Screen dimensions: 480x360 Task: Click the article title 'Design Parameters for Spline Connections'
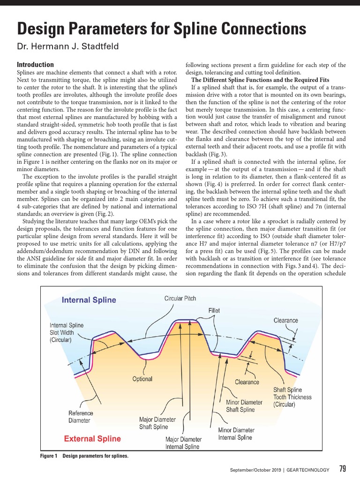[x=162, y=29]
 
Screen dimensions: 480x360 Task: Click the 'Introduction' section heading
[x=35, y=65]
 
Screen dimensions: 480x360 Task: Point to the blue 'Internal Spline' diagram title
[x=89, y=300]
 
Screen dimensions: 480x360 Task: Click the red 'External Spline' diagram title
[x=92, y=439]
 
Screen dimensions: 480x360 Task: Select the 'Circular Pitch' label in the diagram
[x=180, y=299]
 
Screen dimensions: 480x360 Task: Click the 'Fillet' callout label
[x=214, y=310]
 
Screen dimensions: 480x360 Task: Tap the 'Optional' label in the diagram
[x=142, y=379]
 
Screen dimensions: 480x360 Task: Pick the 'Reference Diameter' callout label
[x=81, y=417]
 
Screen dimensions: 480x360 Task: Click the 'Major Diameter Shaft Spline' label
[x=157, y=423]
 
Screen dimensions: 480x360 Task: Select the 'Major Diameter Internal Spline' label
[x=183, y=443]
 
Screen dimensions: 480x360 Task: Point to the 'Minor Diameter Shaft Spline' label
[x=244, y=406]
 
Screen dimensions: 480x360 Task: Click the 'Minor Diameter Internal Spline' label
[x=236, y=434]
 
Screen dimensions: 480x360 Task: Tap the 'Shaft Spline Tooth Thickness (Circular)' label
[x=292, y=397]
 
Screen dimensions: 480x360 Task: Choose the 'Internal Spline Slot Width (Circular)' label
[x=67, y=332]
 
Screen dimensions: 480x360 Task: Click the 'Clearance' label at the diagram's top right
[x=285, y=320]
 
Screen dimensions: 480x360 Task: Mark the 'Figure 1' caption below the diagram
[x=84, y=456]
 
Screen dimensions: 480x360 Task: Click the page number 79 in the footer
[x=342, y=469]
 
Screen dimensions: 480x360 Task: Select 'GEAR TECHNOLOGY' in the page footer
[x=308, y=470]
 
